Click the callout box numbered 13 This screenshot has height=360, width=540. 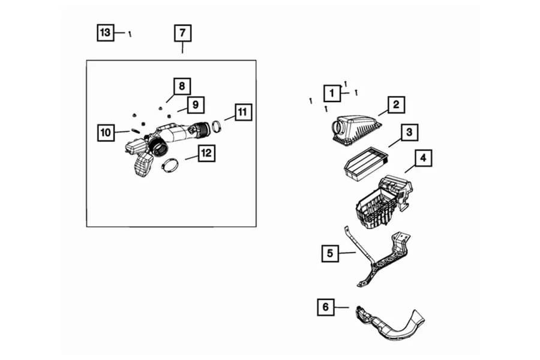click(106, 32)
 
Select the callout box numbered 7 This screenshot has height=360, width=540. click(182, 33)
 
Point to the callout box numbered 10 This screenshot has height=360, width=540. click(106, 132)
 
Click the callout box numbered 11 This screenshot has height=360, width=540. click(242, 112)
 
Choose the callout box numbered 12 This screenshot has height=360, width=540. click(206, 154)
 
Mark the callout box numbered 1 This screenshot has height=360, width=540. click(331, 93)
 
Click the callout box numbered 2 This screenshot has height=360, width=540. click(396, 105)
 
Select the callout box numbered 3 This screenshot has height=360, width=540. click(409, 132)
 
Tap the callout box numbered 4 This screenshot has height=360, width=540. click(423, 158)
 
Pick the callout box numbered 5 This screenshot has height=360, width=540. click(329, 254)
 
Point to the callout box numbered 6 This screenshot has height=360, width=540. click(326, 307)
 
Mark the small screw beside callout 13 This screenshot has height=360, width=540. click(130, 34)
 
